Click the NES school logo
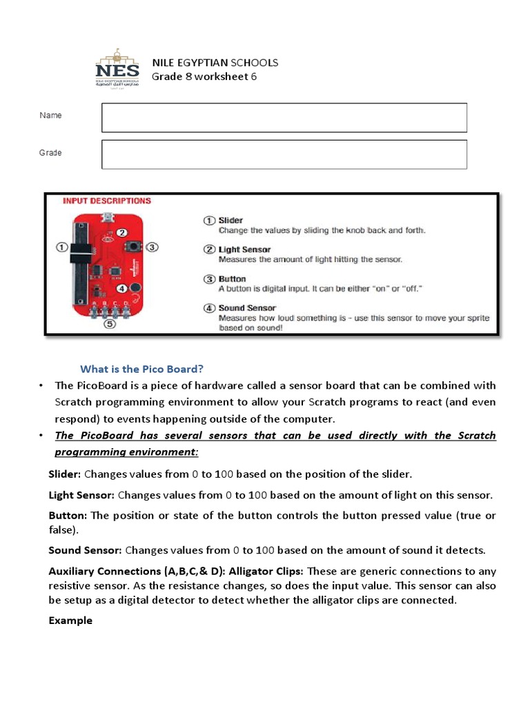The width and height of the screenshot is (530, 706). coord(117,70)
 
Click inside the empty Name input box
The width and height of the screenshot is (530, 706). coord(284,117)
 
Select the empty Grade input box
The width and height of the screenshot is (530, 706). coord(284,154)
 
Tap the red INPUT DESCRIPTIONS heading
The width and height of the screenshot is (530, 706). coord(106,201)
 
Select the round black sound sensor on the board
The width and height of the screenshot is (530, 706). coord(135,288)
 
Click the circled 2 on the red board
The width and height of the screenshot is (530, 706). coord(121,233)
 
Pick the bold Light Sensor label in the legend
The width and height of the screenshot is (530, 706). coord(244,250)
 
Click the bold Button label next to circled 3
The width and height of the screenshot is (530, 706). coord(233,279)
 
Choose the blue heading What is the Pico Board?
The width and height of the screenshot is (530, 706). coord(142,368)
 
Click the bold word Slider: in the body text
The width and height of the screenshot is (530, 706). coord(65,474)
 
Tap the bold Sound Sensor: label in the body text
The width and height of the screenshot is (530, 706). coord(85,550)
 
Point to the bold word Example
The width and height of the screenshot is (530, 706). coord(70,621)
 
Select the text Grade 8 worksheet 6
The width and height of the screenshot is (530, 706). coord(204,77)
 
